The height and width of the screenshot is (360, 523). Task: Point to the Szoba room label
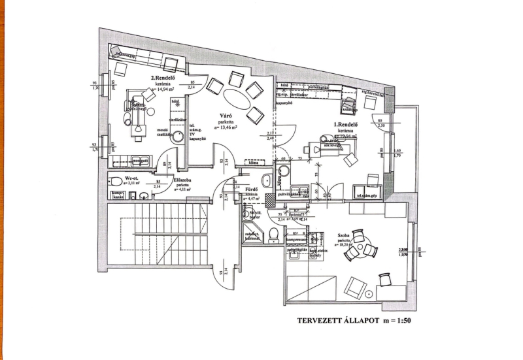(x=346, y=235)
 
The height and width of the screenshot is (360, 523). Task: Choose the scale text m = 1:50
(x=392, y=321)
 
